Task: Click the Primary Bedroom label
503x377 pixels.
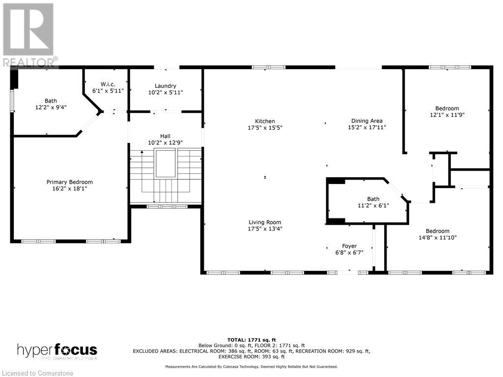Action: tap(70, 182)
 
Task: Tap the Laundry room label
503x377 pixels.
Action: tap(165, 86)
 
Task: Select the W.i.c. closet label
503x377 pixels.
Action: tap(108, 84)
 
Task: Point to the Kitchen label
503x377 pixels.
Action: tap(265, 121)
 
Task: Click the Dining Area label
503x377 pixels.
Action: tap(366, 121)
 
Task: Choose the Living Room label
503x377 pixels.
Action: tap(265, 222)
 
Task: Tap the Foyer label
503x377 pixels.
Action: tap(349, 246)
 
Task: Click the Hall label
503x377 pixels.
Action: tap(165, 136)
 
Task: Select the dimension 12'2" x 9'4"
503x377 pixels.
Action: tap(51, 108)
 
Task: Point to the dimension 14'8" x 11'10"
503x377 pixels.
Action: tap(438, 238)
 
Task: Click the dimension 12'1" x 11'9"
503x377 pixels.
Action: tap(447, 115)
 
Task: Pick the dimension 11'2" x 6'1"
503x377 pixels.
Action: tap(373, 206)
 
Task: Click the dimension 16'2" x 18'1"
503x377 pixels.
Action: tap(70, 188)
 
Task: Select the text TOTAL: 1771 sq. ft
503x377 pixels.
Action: tap(251, 340)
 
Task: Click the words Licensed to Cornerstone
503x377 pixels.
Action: tap(37, 373)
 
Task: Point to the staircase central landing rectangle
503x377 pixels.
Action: tap(166, 163)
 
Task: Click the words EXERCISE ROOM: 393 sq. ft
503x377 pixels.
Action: tap(251, 356)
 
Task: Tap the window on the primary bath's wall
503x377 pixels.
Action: tap(12, 101)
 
